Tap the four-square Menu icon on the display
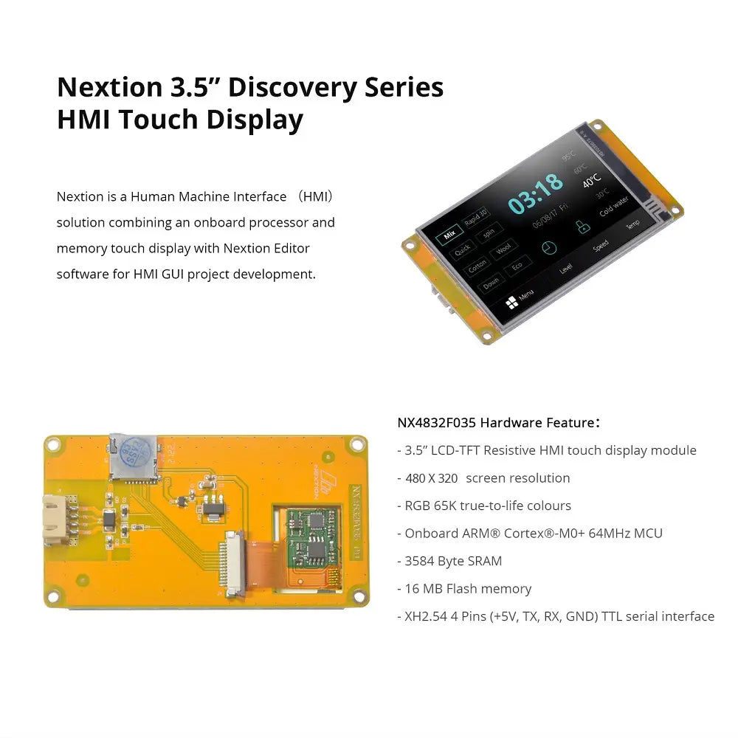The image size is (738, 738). coord(511,303)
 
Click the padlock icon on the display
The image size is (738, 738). coord(583,228)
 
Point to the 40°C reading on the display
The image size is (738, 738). coord(591,180)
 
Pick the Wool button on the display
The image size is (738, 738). coord(503,249)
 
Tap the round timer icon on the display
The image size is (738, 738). coord(548,247)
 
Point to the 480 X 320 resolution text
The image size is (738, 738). coord(432,478)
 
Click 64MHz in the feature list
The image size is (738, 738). coord(612,533)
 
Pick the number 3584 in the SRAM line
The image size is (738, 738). coord(420,561)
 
